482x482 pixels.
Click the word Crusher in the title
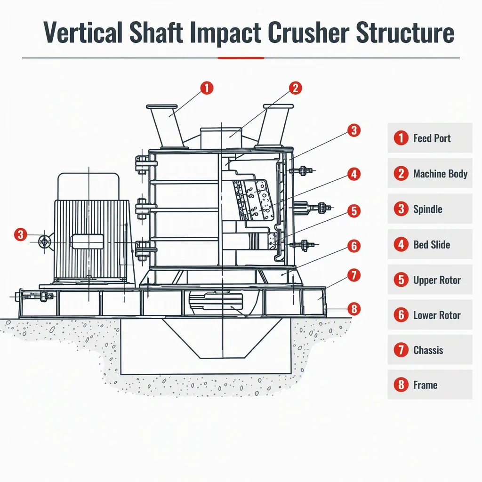point(308,32)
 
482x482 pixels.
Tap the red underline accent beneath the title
point(241,58)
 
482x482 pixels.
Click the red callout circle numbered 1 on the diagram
point(207,88)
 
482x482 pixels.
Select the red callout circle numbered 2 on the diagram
point(296,88)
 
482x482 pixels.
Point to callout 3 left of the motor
point(21,234)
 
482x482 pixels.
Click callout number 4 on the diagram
point(354,174)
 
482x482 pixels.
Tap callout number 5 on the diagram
point(354,211)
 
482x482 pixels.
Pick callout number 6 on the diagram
point(354,246)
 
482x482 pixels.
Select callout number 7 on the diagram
point(354,275)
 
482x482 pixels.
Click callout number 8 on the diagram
point(354,309)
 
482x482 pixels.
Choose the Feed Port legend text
point(432,138)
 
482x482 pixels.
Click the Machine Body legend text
point(440,174)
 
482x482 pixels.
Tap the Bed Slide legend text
point(432,245)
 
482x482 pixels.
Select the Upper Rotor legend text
point(437,280)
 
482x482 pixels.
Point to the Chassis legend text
point(428,350)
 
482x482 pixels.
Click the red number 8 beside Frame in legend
point(401,385)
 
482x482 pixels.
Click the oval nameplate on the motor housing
point(87,241)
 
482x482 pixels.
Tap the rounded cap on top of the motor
point(88,186)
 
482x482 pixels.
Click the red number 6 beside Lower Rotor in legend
point(401,315)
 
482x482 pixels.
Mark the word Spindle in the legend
point(427,209)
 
